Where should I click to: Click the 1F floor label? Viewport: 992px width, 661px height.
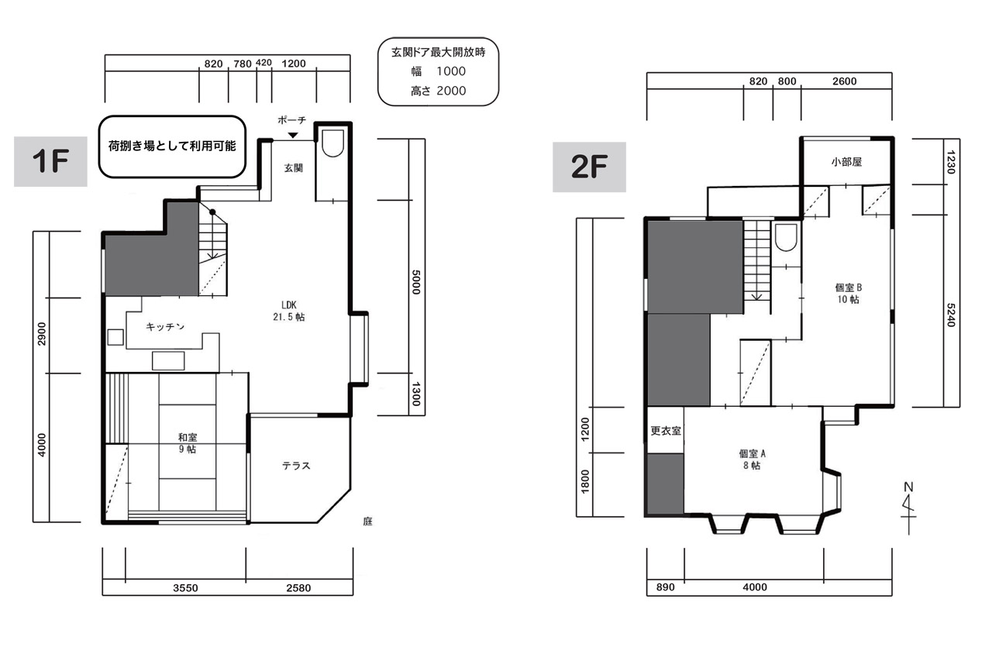point(50,161)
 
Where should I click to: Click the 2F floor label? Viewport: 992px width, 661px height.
point(589,167)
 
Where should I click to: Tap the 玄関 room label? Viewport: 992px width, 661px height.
point(293,168)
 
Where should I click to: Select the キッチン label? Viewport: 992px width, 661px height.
point(165,327)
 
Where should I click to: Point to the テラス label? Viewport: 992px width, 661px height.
point(296,466)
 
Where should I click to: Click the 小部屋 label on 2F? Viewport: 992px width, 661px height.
point(846,162)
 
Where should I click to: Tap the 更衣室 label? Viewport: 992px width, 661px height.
point(665,431)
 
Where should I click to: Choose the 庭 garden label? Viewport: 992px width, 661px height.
point(367,521)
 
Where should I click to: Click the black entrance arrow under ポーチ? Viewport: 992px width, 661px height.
point(293,135)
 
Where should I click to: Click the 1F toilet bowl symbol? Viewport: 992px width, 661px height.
point(332,143)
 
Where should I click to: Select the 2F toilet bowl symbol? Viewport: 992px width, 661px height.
point(786,238)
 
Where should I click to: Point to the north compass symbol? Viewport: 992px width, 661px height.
point(908,508)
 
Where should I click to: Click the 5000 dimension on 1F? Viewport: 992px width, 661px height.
point(415,282)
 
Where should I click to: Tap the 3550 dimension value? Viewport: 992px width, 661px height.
point(185,588)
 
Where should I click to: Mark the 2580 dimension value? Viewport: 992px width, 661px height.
point(298,588)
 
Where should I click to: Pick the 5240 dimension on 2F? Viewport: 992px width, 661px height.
point(950,315)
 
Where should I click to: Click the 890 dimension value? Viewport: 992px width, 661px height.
point(665,587)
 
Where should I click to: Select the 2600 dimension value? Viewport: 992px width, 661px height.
point(845,81)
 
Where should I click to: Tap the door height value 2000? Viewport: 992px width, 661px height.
point(451,91)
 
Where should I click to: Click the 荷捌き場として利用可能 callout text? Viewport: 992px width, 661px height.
point(172,146)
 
